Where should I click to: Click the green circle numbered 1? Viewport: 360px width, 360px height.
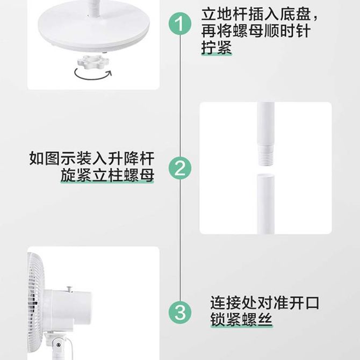point(180,24)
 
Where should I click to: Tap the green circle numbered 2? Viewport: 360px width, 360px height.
point(180,169)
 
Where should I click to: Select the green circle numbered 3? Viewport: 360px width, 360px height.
point(180,313)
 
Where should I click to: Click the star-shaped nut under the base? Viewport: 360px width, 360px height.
point(93,62)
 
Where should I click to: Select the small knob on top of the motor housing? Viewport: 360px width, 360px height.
point(69,289)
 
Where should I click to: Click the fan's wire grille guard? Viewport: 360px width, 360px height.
point(35,303)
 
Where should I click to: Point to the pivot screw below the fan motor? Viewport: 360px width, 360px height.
point(59,344)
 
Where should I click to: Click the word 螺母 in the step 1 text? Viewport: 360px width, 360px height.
point(248,31)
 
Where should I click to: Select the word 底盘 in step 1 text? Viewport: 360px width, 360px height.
point(296,14)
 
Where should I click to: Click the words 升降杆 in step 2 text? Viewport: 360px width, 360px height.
point(131,158)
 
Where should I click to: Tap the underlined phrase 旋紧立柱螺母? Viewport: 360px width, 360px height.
point(107,175)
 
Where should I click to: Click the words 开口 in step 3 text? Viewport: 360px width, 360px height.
point(304,303)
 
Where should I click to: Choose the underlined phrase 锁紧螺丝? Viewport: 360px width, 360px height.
point(241,319)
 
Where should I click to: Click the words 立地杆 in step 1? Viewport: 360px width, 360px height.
point(224,14)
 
